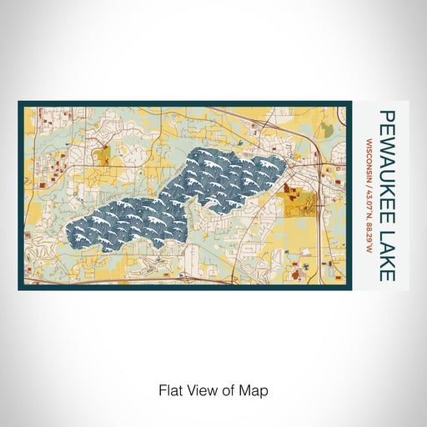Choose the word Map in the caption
[x=256, y=389]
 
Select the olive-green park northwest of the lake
[x=104, y=155]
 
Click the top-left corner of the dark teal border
[x=20, y=103]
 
